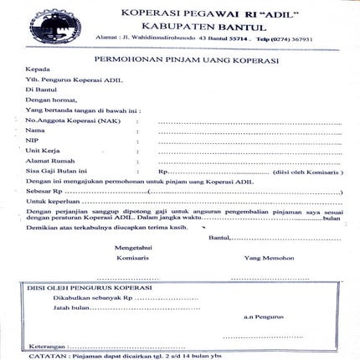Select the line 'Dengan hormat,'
(x=49, y=98)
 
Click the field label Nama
(x=35, y=131)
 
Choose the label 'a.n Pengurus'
(x=260, y=317)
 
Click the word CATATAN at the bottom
(x=44, y=355)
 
